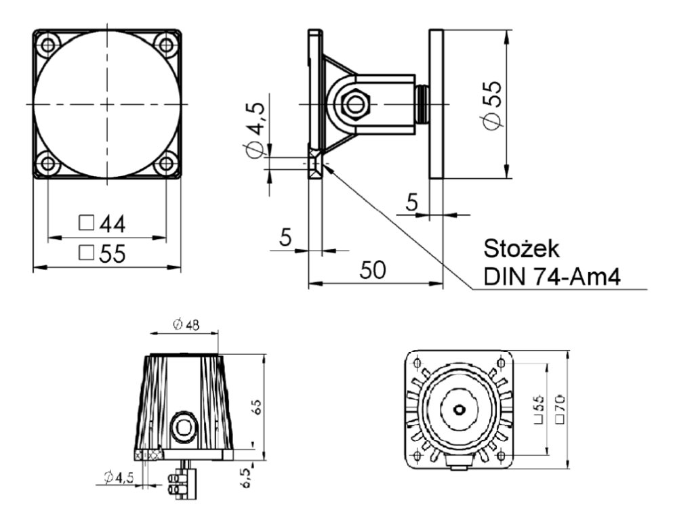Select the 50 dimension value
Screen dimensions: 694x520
(373, 269)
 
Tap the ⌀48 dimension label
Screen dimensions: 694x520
(186, 325)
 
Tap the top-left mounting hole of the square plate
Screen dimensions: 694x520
(49, 45)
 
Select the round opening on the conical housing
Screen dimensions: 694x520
(182, 425)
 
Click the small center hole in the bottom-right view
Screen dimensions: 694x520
(460, 408)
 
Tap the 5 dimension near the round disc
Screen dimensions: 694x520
(411, 201)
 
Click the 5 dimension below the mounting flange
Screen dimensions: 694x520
(285, 237)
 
